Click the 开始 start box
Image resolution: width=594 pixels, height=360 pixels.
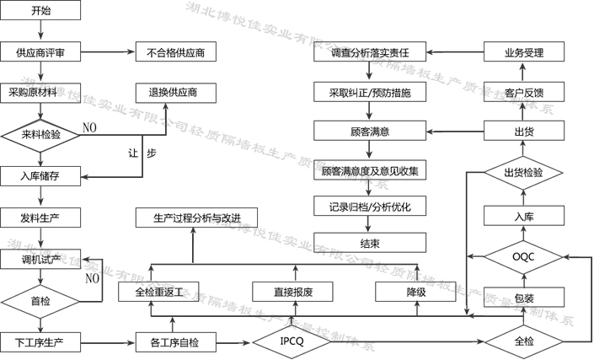pyautogui.click(x=40, y=11)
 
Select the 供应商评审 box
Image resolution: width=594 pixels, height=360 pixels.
pyautogui.click(x=40, y=52)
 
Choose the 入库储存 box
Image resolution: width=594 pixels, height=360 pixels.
pyautogui.click(x=40, y=175)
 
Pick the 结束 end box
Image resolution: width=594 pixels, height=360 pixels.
pyautogui.click(x=369, y=244)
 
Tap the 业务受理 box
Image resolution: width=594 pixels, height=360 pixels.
pyautogui.click(x=522, y=52)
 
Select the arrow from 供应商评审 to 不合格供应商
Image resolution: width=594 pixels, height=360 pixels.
pyautogui.click(x=107, y=52)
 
